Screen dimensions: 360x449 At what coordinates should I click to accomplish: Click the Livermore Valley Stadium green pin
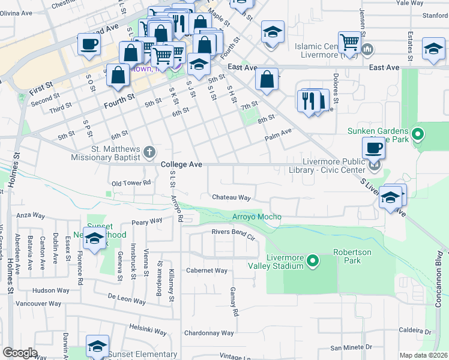[312, 261]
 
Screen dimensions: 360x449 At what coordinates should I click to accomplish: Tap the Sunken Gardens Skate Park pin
[418, 134]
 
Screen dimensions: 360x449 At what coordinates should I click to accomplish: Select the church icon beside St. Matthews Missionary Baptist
[149, 153]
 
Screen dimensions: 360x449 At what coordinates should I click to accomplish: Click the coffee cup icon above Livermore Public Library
[374, 148]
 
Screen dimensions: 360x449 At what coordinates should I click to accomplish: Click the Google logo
[20, 353]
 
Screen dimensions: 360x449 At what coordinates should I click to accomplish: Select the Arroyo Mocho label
[256, 217]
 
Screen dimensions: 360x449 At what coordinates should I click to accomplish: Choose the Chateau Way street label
[231, 197]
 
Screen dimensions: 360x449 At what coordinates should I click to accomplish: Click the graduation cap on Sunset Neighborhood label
[94, 238]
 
